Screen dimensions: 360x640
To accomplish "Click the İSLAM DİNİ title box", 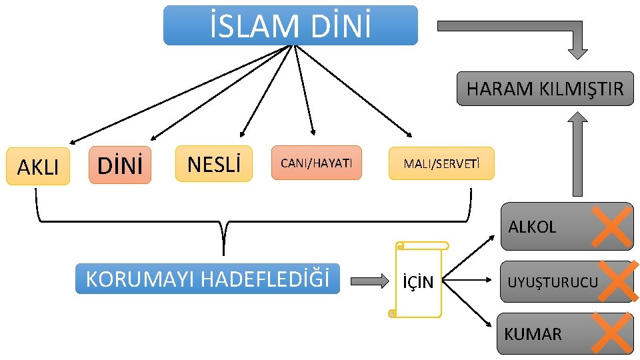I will (291, 25).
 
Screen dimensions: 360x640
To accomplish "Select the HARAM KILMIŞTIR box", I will (545, 89).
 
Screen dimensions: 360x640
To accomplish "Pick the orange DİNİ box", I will (120, 165).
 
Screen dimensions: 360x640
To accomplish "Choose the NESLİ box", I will (214, 163).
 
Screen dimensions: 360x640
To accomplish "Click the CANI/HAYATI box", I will (316, 163).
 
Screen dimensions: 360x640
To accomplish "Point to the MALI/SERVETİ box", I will (441, 164).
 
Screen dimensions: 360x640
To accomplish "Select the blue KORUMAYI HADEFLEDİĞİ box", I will (207, 279).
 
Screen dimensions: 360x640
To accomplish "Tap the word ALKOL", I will (531, 227).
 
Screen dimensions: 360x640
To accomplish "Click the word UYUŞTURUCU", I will (553, 283).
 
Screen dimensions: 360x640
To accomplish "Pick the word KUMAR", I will (533, 334).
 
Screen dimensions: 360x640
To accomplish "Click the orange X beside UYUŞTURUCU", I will (615, 281).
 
